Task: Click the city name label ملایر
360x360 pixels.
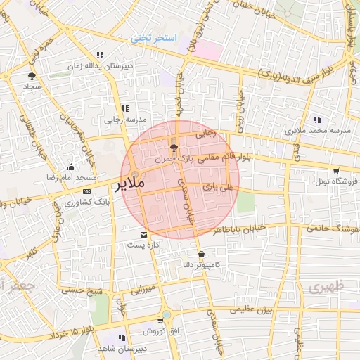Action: click(x=129, y=184)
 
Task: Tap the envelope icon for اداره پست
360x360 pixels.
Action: click(x=144, y=235)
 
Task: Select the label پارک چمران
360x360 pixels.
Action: click(x=174, y=160)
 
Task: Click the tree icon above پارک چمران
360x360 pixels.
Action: click(x=174, y=147)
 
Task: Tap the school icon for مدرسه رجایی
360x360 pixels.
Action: click(x=125, y=108)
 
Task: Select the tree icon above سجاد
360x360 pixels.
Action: click(x=32, y=75)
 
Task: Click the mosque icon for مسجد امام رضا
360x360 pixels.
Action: click(x=71, y=167)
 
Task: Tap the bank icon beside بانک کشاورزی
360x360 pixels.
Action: click(x=86, y=191)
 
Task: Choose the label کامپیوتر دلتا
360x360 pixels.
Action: click(x=202, y=265)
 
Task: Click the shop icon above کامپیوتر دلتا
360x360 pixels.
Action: click(x=202, y=254)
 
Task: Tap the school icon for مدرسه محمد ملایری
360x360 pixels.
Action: click(x=317, y=120)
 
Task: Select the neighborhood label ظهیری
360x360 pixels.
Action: click(x=323, y=287)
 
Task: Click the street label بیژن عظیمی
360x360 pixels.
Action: click(x=252, y=309)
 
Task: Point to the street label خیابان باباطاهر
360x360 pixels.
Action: click(x=239, y=229)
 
